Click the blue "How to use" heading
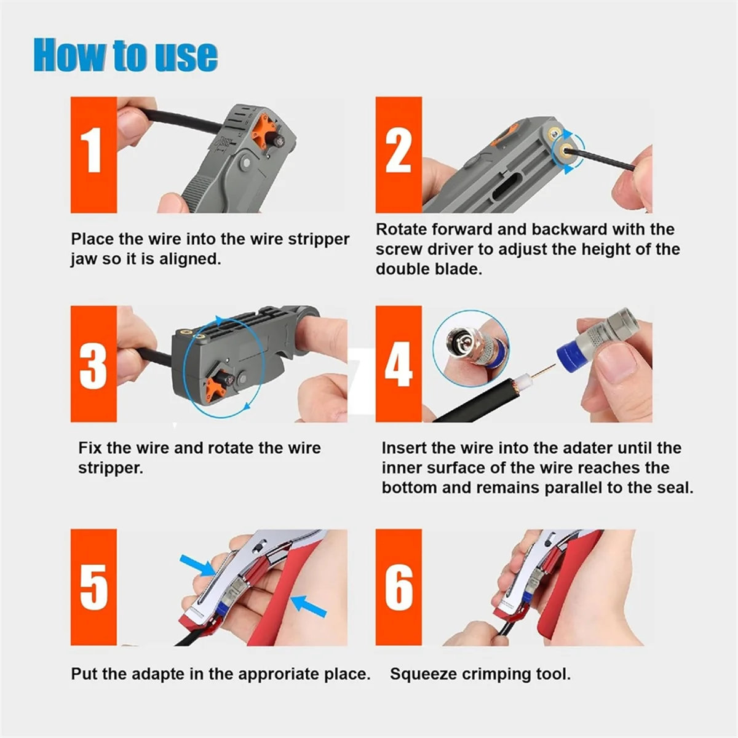pos(125,55)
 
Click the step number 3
pos(93,364)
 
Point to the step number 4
pos(399,364)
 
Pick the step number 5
pos(93,587)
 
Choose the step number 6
pos(399,587)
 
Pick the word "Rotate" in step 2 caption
pos(402,229)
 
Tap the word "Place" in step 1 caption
pos(91,239)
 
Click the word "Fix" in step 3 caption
pos(90,448)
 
